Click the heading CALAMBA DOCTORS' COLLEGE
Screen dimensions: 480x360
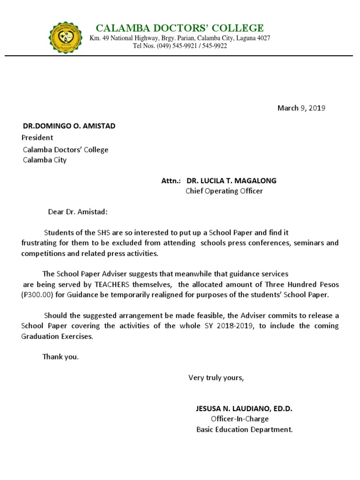tap(180, 28)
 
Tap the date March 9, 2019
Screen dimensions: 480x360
tap(301, 108)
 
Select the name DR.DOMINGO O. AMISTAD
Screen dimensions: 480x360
tap(69, 126)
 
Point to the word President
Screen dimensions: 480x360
tap(37, 138)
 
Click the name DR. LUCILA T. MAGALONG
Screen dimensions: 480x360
tap(231, 180)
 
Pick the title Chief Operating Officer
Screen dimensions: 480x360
tap(224, 191)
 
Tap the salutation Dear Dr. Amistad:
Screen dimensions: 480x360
tap(78, 212)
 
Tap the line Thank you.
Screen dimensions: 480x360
tap(61, 357)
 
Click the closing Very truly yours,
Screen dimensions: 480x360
tap(216, 378)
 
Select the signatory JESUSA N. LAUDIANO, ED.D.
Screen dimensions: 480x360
tap(244, 409)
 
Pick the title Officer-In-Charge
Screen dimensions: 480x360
tap(240, 419)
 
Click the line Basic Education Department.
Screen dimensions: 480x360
tap(244, 429)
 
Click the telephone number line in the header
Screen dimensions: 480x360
tap(180, 46)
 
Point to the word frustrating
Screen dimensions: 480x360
tap(40, 243)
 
